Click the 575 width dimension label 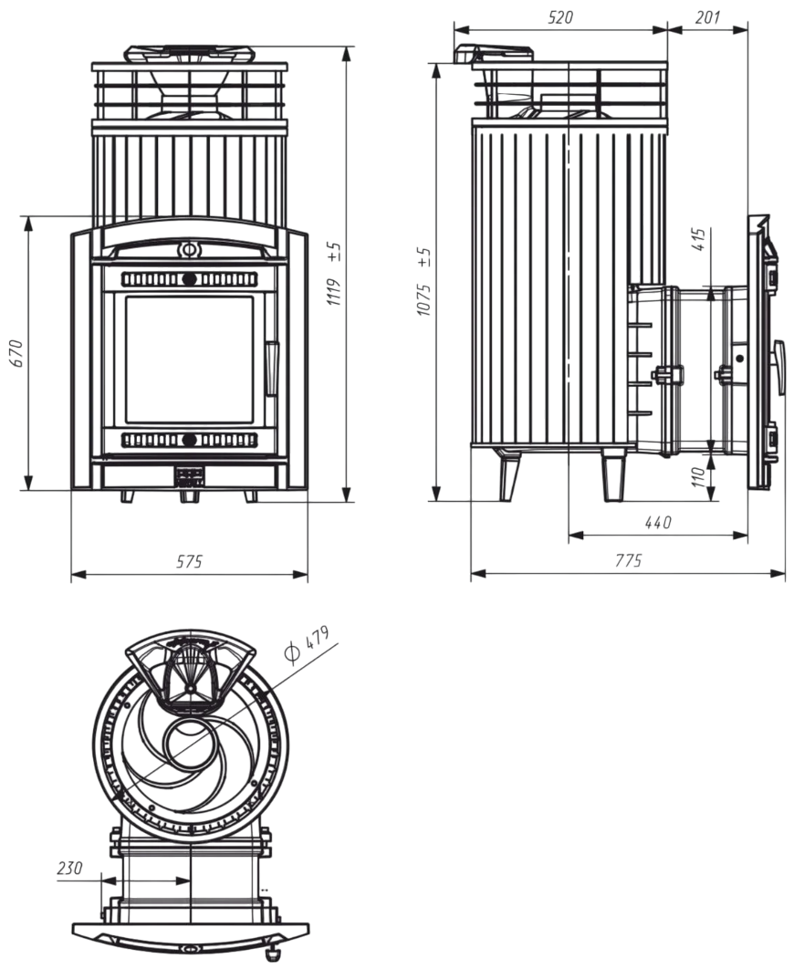tap(189, 562)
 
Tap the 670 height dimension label tap(16, 353)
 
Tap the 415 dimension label tap(700, 240)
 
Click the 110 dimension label tap(698, 477)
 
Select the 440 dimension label tap(657, 523)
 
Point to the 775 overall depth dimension tap(628, 561)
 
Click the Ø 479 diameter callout tap(306, 644)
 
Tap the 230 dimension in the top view tap(69, 868)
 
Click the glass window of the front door tap(189, 359)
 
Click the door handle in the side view tap(779, 366)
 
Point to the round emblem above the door tap(188, 248)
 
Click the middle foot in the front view tap(189, 496)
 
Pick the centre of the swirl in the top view tap(189, 741)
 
